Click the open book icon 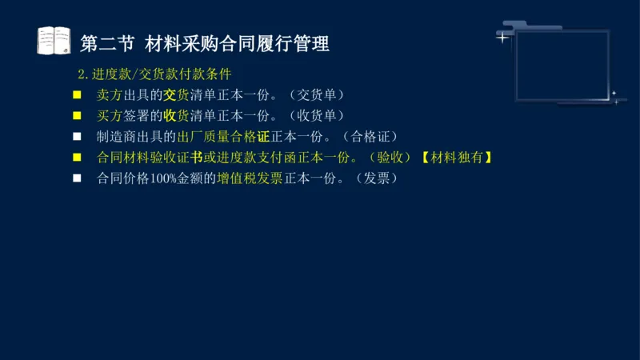(54, 41)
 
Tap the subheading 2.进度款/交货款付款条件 (154, 74)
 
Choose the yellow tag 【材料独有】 (455, 158)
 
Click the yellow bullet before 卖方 (78, 95)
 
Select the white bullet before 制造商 (78, 137)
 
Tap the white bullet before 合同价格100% (78, 178)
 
